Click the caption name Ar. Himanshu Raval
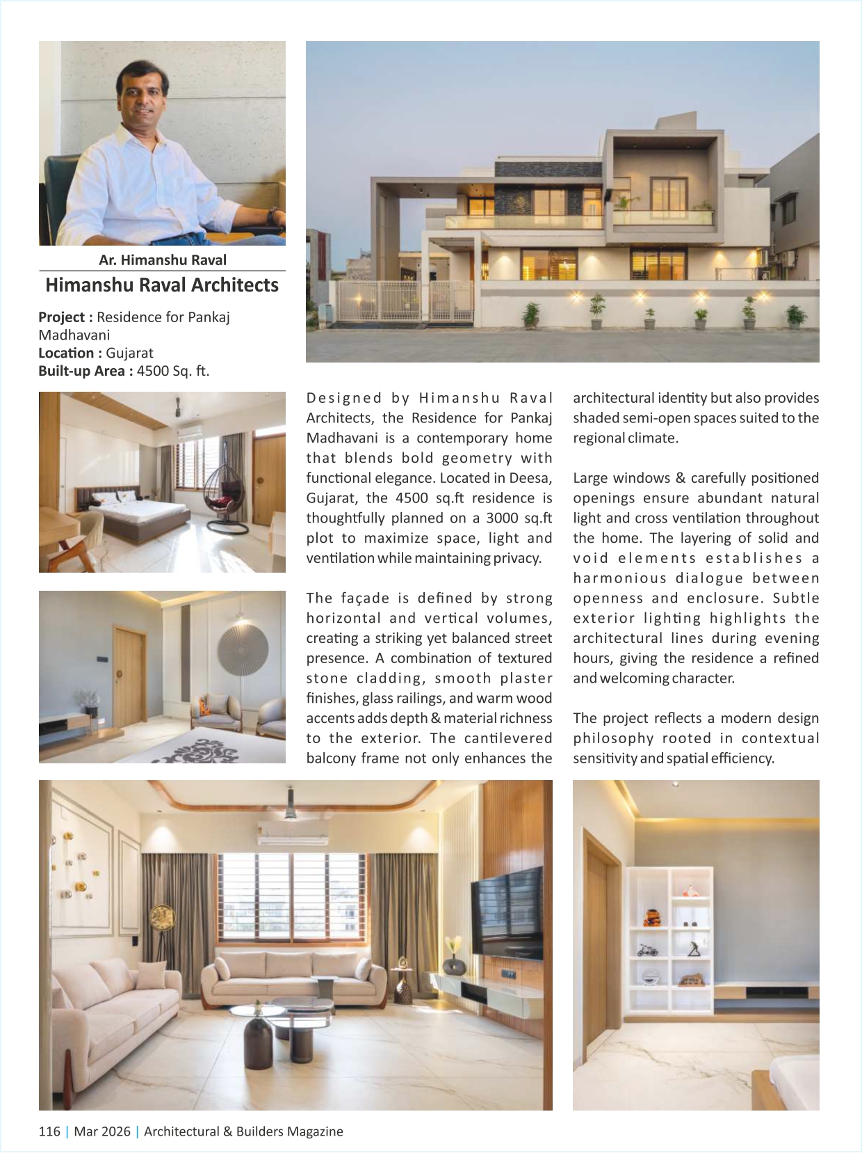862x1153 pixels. click(x=162, y=260)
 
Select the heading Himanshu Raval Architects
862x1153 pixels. click(x=162, y=285)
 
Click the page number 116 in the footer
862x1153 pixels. click(x=49, y=1131)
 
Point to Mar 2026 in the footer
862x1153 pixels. click(x=102, y=1131)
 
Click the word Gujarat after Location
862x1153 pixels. click(x=129, y=353)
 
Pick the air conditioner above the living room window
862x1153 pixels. click(x=292, y=832)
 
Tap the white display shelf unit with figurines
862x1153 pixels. click(x=670, y=939)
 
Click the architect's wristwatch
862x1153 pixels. click(x=273, y=216)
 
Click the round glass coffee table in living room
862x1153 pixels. click(x=257, y=1012)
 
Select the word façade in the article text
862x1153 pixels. click(x=364, y=598)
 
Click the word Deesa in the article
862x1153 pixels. click(x=530, y=478)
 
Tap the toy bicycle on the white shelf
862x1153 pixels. click(x=648, y=949)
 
